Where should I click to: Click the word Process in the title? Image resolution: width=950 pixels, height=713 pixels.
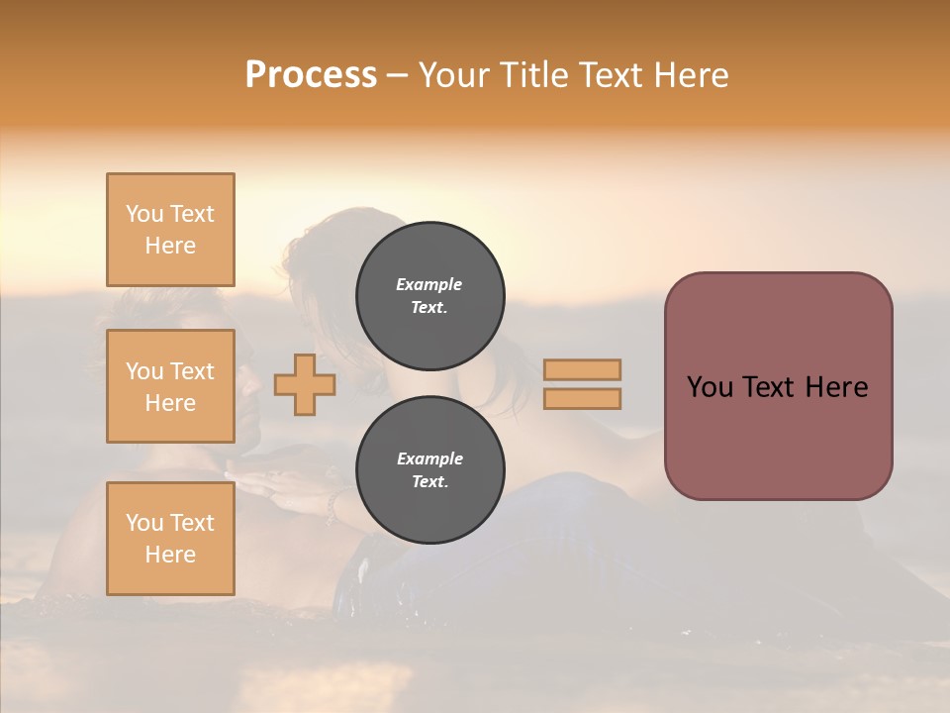click(311, 75)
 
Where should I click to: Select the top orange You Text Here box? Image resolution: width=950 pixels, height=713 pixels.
click(170, 230)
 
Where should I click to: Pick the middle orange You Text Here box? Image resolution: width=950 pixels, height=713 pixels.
click(170, 386)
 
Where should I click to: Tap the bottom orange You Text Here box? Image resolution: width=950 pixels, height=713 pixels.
click(170, 539)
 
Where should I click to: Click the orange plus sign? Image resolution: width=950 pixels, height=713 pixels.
click(305, 384)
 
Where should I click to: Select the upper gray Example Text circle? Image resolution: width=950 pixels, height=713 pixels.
click(429, 296)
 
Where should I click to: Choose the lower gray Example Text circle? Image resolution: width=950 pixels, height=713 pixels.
click(429, 470)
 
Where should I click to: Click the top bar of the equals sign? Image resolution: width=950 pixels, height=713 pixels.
click(582, 369)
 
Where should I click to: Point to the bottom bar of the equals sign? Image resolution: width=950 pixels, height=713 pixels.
click(582, 399)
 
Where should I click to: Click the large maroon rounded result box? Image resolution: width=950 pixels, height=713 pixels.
click(778, 386)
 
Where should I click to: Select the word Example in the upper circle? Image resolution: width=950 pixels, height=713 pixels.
click(429, 285)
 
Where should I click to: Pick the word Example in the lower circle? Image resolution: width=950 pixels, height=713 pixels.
click(429, 459)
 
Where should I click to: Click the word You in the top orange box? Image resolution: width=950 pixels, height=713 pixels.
click(143, 214)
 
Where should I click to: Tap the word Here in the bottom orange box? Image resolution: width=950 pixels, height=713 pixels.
click(170, 555)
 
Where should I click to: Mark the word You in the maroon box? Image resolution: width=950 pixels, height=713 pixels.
click(710, 387)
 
